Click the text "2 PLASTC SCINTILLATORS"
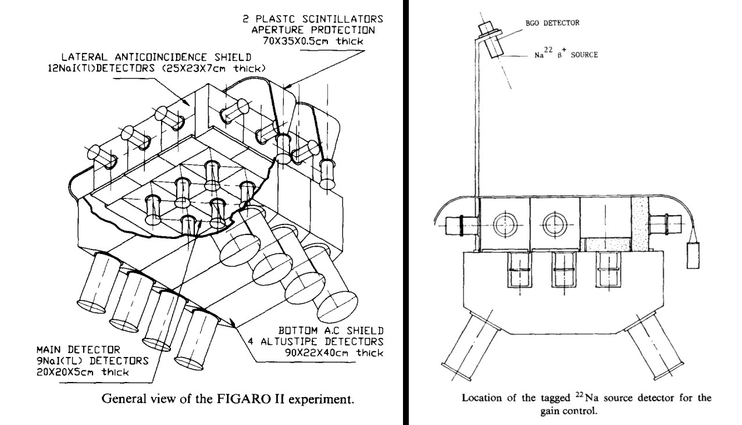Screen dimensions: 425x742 309,19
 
